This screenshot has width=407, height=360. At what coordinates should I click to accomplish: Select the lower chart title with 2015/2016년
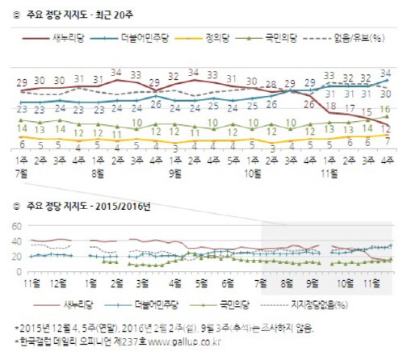point(87,206)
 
